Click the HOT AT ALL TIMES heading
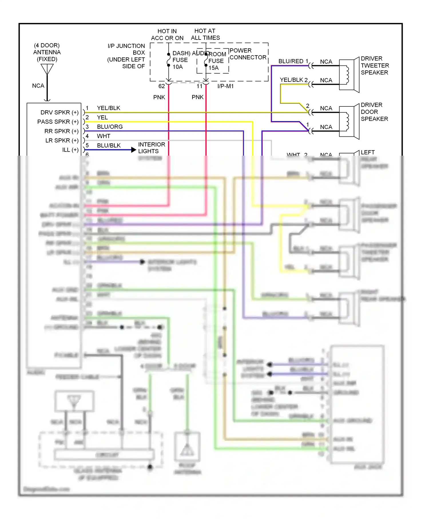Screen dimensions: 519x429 (x=205, y=34)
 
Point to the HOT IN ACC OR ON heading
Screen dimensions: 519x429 (x=167, y=35)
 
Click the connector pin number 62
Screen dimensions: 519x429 (x=162, y=86)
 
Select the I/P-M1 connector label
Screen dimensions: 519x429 (x=225, y=86)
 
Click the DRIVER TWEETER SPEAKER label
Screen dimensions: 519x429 (x=374, y=66)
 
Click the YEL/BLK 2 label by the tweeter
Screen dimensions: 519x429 (x=293, y=80)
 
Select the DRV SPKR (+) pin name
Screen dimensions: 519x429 (x=59, y=112)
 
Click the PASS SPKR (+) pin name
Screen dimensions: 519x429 (x=58, y=122)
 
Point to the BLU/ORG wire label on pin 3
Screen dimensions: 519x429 (x=110, y=127)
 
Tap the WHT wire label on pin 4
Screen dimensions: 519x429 (x=103, y=136)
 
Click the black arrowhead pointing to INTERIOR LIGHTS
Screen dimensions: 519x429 (x=133, y=150)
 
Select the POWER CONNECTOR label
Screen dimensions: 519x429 (x=248, y=54)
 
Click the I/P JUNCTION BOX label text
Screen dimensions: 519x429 (x=126, y=56)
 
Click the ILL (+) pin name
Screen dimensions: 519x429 (x=70, y=150)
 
